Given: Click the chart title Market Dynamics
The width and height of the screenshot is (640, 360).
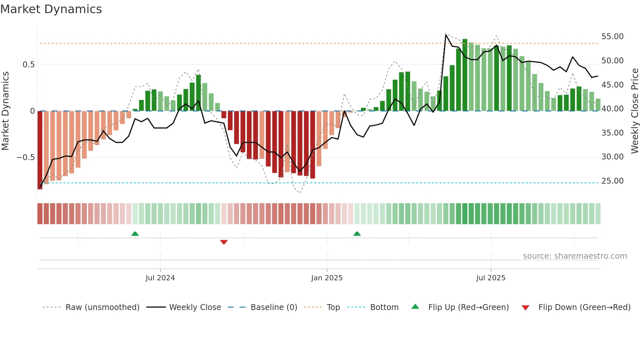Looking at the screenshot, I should click(51, 9).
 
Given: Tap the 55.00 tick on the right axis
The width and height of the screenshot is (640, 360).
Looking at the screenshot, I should click(612, 37).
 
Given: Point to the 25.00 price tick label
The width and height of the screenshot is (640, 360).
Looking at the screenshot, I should click(612, 181).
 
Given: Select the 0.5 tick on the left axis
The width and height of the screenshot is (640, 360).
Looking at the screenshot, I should click(28, 65).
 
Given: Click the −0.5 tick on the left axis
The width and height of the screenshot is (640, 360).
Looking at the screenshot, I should click(26, 157).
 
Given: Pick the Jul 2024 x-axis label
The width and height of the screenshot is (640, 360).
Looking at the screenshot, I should click(160, 278).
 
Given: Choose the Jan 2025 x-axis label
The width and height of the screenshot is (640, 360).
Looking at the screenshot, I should click(327, 278).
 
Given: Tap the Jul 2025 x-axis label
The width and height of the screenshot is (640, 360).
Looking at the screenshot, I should click(490, 278).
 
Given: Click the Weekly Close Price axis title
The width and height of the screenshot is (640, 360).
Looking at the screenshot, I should click(634, 111).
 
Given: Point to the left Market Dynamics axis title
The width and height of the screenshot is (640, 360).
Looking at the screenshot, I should click(5, 111).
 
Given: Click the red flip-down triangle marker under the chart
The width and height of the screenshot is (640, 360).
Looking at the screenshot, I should click(224, 242).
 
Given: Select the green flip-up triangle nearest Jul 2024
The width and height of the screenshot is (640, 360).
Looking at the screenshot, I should click(135, 234).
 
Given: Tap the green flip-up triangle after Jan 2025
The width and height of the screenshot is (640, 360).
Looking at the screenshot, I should click(357, 234).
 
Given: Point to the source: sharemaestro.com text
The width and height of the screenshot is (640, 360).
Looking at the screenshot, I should click(575, 256).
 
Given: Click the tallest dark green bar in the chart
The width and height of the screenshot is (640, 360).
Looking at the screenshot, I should click(465, 75).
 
